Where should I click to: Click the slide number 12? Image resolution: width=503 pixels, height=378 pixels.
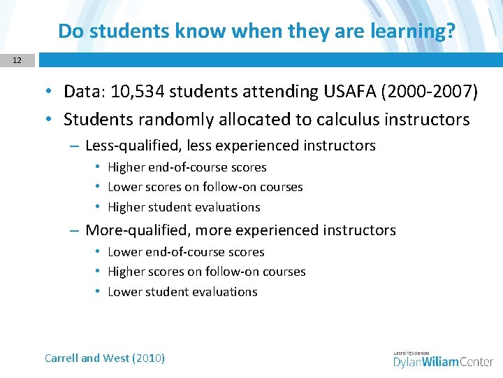(17, 61)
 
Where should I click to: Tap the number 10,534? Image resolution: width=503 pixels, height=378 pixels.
(140, 92)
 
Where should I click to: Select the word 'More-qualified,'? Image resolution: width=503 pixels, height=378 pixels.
(138, 230)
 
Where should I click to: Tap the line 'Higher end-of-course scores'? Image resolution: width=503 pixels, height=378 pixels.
(187, 167)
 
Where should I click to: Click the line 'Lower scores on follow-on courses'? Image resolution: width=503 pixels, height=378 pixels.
(205, 187)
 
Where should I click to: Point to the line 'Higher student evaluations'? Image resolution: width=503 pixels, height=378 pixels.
(184, 207)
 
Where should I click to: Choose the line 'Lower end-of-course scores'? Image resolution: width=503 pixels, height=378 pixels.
(186, 252)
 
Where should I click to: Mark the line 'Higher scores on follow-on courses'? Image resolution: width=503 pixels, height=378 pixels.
(206, 272)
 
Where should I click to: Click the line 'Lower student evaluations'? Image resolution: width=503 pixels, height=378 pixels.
(182, 292)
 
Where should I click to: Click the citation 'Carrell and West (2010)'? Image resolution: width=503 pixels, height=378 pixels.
(105, 358)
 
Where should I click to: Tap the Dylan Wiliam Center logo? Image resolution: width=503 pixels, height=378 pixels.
(443, 360)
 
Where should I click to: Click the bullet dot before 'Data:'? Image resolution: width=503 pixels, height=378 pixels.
(52, 92)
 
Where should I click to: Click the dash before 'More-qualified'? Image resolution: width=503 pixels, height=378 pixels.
(74, 230)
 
